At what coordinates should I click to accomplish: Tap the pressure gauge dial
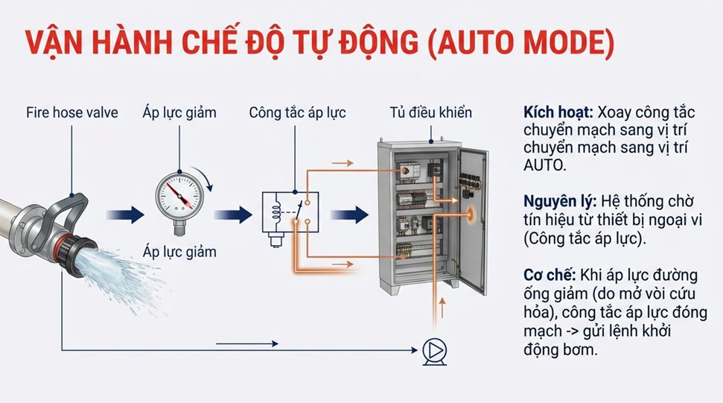(179, 196)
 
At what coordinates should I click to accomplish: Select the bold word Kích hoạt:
(556, 114)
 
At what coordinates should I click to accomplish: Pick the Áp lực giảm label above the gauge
(179, 114)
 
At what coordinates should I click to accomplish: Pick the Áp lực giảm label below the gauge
(179, 252)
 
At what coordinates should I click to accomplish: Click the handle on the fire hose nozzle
(71, 209)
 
